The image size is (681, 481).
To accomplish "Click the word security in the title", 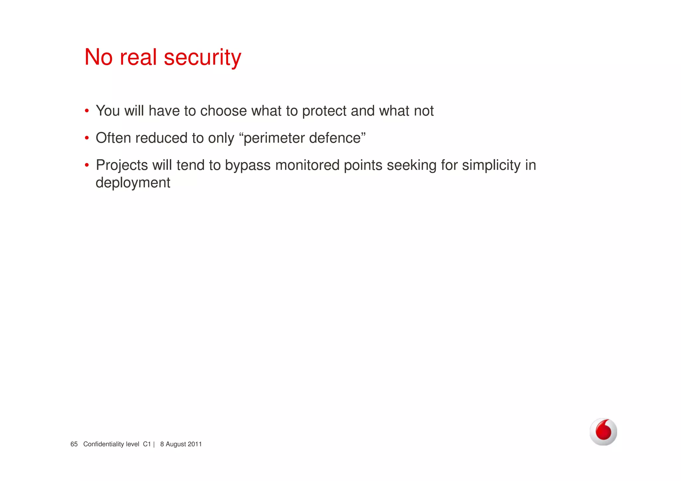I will pos(203,58).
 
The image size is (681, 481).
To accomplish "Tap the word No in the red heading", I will pos(98,57).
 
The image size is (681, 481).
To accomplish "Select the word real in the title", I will pos(138,57).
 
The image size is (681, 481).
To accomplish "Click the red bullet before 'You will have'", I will pos(87,111).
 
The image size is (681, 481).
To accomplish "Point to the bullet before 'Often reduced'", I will pos(87,138).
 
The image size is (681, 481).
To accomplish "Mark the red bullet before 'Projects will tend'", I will pos(87,165).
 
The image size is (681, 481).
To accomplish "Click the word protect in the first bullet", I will pos(324,111).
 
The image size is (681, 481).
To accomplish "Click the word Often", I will pos(113,138).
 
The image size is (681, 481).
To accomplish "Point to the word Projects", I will pos(122,166).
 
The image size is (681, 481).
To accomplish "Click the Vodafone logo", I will pos(603,432).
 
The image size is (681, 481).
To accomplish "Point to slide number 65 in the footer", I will pos(74,444).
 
